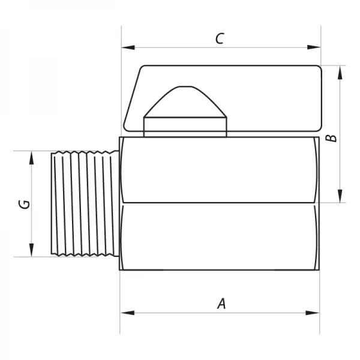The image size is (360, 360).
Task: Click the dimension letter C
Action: [220, 38]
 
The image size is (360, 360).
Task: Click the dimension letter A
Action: [222, 304]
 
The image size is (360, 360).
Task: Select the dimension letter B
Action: [331, 138]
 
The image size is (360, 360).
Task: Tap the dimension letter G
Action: [25, 205]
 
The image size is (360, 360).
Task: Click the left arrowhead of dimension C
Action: [128, 47]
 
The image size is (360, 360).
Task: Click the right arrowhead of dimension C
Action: [314, 47]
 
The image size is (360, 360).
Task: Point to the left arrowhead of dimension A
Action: [127, 313]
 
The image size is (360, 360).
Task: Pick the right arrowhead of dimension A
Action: [313, 313]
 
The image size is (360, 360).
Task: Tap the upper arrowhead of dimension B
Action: [340, 73]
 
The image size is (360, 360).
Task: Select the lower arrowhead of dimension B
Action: [340, 196]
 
